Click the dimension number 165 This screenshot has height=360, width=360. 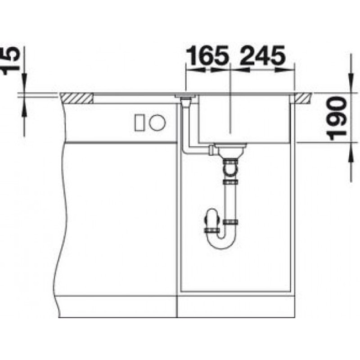tap(207, 55)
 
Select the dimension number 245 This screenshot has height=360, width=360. tap(262, 55)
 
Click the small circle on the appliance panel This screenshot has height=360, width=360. tap(157, 122)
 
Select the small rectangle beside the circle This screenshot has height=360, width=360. tap(139, 122)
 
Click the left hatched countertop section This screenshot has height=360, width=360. tap(77, 98)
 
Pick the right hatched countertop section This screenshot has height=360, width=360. tap(302, 98)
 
